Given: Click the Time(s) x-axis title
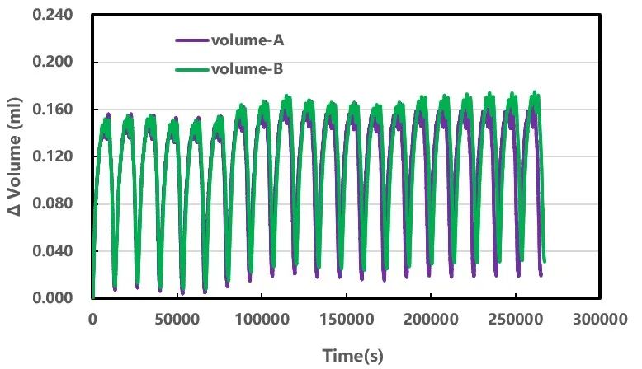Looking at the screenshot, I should click(x=352, y=356).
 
